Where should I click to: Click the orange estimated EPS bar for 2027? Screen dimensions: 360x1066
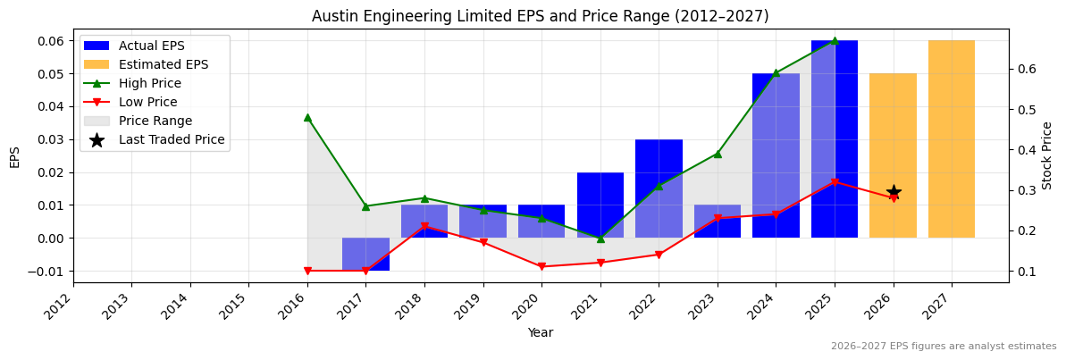952,139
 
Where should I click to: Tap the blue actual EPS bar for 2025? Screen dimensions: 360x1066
835,139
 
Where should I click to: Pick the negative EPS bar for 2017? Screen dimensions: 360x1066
365,255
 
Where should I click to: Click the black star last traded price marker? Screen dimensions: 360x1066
894,192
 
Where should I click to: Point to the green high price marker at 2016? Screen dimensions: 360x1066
307,117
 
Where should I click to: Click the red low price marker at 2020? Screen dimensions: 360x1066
541,266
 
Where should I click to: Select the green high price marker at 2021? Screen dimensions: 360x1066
600,239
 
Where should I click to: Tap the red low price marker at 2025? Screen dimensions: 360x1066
835,182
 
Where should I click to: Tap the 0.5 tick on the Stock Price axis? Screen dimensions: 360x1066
1026,110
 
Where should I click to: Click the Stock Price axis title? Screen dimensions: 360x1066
1047,155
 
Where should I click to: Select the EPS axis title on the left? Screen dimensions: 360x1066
15,156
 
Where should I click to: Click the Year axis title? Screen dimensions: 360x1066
541,332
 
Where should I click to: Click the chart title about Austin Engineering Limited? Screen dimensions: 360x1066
541,16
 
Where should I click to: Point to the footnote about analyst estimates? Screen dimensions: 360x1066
944,346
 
